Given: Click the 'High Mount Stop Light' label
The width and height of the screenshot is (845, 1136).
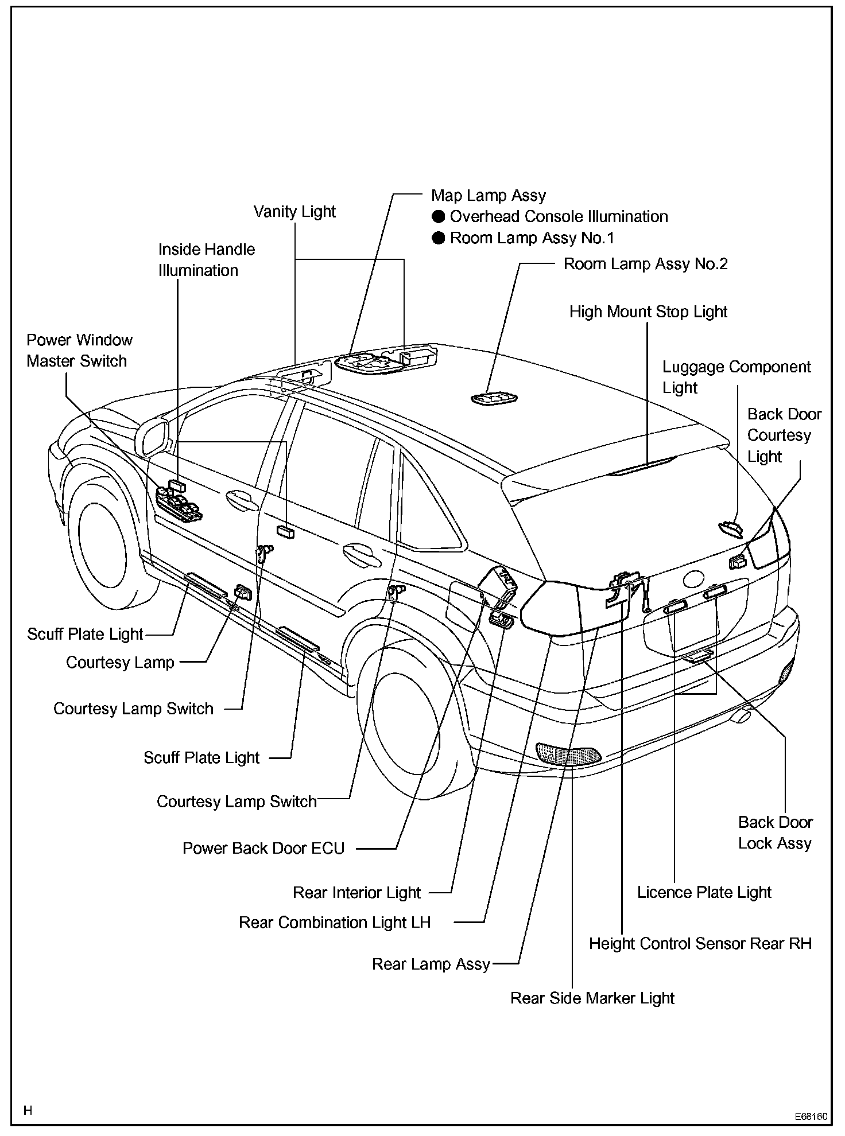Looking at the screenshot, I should pyautogui.click(x=648, y=312).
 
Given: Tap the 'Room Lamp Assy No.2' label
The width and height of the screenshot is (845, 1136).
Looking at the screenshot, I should pyautogui.click(x=645, y=264).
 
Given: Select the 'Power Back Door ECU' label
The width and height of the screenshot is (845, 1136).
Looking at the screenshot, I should pyautogui.click(x=263, y=849).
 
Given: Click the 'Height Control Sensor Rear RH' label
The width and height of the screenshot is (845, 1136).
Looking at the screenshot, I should pyautogui.click(x=700, y=944).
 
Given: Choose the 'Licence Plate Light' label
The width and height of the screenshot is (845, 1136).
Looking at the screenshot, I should pyautogui.click(x=704, y=893).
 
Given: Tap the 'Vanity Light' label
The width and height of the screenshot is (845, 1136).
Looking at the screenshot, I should pyautogui.click(x=294, y=212).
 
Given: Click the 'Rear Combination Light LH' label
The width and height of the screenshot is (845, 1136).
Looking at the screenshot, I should pyautogui.click(x=334, y=923).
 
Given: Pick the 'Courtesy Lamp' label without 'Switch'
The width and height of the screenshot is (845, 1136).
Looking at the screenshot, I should pyautogui.click(x=120, y=663).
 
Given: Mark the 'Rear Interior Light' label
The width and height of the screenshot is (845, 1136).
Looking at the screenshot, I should pyautogui.click(x=356, y=893).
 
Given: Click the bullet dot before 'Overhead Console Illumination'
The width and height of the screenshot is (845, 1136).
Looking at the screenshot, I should pyautogui.click(x=439, y=217).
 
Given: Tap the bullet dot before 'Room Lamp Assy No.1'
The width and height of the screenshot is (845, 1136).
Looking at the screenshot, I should pyautogui.click(x=439, y=238).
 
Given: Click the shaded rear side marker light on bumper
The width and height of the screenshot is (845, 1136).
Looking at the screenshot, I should pyautogui.click(x=568, y=755).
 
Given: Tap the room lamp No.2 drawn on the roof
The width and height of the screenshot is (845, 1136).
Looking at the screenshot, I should pyautogui.click(x=494, y=398).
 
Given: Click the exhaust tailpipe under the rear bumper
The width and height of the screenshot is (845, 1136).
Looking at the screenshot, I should pyautogui.click(x=741, y=717).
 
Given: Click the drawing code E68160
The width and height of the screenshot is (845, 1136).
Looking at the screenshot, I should pyautogui.click(x=811, y=1116).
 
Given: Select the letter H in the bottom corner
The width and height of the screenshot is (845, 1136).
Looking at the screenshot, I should pyautogui.click(x=28, y=1111).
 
